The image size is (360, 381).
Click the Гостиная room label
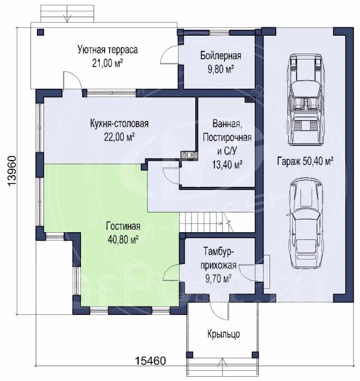(123, 226)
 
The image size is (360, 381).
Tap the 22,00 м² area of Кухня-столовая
(119, 138)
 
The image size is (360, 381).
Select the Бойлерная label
(221, 56)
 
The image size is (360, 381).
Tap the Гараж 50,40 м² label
(305, 161)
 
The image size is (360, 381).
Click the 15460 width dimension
(151, 361)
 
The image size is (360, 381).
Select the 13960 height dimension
(11, 171)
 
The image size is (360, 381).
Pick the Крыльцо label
(224, 335)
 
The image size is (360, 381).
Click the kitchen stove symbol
(189, 155)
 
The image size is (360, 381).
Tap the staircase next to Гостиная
(205, 222)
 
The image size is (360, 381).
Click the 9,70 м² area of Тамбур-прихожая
(218, 279)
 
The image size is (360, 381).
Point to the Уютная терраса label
(108, 50)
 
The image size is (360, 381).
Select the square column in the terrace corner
(40, 33)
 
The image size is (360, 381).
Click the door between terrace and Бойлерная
(170, 54)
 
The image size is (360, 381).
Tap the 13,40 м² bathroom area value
(227, 165)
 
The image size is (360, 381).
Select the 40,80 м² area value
(123, 240)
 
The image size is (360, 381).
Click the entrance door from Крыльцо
(220, 311)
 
